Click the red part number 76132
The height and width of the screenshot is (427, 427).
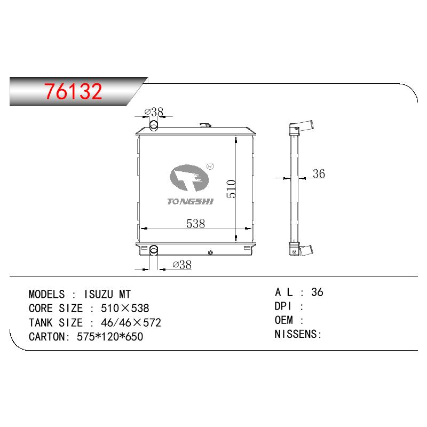73,91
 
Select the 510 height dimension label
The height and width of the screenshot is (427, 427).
231,188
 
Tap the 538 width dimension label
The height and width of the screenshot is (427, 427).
195,224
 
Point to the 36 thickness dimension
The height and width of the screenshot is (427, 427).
319,174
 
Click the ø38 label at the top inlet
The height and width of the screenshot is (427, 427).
154,112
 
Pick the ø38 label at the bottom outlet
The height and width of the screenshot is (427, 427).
182,264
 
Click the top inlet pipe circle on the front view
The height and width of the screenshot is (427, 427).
154,126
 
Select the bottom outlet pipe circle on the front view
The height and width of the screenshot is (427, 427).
154,250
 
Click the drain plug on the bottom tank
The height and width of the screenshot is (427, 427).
210,253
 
